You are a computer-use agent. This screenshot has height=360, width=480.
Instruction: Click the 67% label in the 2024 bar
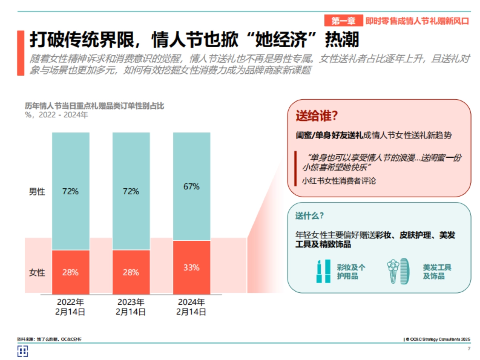(x=191, y=187)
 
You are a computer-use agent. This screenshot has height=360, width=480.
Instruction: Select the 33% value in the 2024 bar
(x=191, y=268)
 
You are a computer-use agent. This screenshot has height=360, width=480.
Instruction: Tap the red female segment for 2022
(x=70, y=272)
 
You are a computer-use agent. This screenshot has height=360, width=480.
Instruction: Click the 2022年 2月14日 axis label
(x=70, y=307)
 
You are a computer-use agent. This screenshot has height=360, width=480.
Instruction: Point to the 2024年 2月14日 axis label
(x=191, y=307)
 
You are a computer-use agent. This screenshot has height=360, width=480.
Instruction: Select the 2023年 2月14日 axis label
(x=131, y=307)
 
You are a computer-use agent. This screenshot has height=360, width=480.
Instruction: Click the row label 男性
(x=37, y=191)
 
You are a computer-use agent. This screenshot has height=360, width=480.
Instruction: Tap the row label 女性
(x=37, y=273)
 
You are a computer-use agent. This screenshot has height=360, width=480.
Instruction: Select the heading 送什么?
(x=309, y=216)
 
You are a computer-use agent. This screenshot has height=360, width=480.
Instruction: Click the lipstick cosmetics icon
(x=323, y=271)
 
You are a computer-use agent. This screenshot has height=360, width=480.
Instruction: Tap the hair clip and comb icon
(x=398, y=271)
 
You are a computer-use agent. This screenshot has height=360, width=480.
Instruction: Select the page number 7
(x=469, y=349)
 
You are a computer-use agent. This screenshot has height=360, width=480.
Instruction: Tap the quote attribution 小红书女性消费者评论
(x=339, y=181)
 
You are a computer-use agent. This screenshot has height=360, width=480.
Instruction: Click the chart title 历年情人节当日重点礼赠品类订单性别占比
(x=94, y=106)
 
